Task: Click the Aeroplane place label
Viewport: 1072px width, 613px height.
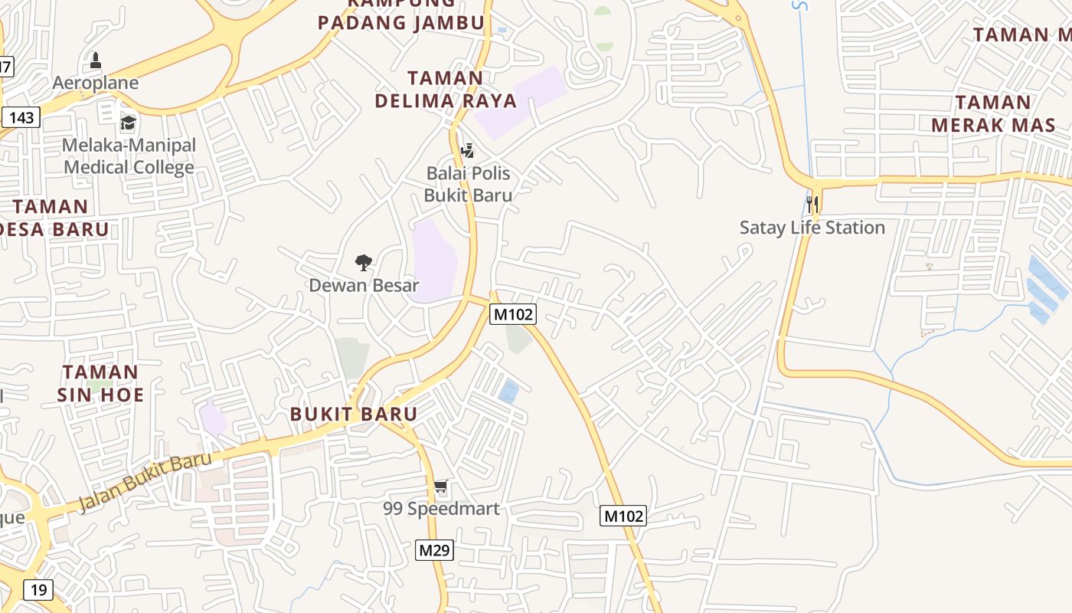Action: tap(96, 83)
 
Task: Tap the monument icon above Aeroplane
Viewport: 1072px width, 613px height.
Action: tap(96, 60)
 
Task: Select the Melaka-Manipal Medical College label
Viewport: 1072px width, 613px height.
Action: tap(129, 156)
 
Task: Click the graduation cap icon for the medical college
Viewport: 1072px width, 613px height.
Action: tap(128, 123)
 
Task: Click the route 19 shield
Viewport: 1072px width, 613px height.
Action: tap(38, 590)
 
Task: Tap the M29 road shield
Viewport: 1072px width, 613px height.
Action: tap(435, 550)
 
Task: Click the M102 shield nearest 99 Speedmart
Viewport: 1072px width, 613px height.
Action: tap(623, 516)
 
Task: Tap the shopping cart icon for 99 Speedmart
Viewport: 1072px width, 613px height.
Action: tap(440, 487)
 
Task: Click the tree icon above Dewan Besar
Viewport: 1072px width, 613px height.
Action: tap(364, 263)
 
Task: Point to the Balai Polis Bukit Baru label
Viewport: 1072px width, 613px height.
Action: tap(469, 184)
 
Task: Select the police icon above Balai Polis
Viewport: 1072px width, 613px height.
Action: tap(467, 150)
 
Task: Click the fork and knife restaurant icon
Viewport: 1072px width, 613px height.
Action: tap(812, 205)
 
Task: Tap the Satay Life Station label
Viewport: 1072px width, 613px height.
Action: tap(812, 228)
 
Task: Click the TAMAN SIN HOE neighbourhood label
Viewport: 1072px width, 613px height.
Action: tap(101, 383)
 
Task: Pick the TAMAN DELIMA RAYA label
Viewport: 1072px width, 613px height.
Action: tap(446, 89)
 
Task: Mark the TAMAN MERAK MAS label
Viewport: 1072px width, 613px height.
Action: tap(993, 113)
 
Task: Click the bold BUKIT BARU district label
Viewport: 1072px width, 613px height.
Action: tap(354, 415)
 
